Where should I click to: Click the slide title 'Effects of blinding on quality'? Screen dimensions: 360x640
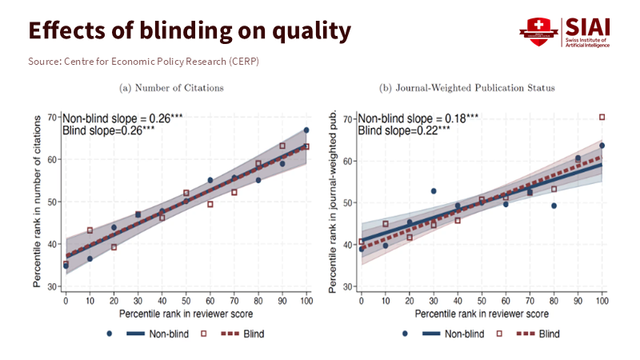point(190,30)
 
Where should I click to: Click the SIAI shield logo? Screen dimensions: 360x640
point(538,32)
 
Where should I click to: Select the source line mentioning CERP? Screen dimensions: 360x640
point(144,62)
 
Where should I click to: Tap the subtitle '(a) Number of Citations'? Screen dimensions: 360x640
point(171,87)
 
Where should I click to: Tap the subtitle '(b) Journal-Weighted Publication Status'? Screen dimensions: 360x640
point(466,87)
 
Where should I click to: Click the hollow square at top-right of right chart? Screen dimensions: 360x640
point(602,118)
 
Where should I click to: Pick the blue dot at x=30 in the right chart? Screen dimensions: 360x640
point(434,191)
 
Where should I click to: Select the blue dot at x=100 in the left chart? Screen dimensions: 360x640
point(306,130)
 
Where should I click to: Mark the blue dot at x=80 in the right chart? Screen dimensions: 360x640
point(554,206)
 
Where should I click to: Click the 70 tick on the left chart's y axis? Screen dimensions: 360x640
point(52,118)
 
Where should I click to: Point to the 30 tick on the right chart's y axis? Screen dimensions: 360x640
point(348,286)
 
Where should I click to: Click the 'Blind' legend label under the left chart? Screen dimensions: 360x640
point(254,334)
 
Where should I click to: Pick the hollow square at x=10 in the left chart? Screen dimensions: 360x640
point(90,230)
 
